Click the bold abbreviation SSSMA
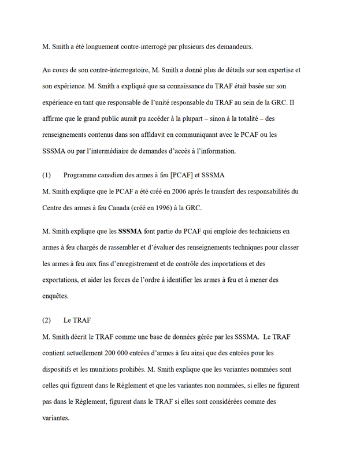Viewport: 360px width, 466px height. pos(130,232)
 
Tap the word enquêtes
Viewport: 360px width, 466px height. pos(55,296)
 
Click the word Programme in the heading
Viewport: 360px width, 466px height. pos(81,175)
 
